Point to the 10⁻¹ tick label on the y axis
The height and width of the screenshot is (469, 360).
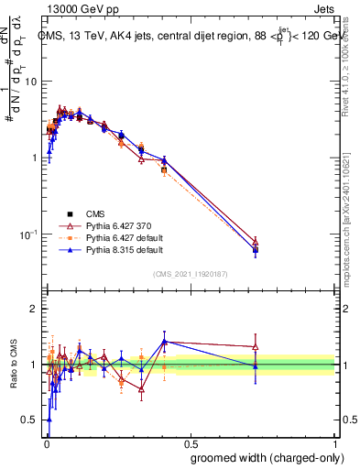pos(30,234)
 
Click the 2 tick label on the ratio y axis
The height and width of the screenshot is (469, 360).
pos(36,309)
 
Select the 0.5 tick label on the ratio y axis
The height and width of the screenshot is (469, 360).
pos(32,420)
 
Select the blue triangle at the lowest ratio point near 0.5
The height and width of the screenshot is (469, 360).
pos(49,420)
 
